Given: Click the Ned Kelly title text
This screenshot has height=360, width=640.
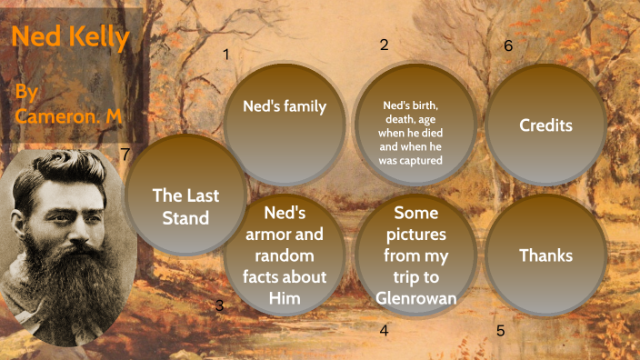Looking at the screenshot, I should click(71, 39).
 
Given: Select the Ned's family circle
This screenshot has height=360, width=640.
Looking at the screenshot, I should click(284, 122).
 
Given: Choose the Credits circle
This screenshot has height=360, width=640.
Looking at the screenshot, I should click(545, 125).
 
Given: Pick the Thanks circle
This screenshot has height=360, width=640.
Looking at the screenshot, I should click(545, 255).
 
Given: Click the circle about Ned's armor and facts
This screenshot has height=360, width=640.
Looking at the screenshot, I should click(284, 255).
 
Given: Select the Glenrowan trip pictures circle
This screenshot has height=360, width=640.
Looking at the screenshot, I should click(415, 255).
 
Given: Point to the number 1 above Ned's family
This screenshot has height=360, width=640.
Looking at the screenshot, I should click(225, 54).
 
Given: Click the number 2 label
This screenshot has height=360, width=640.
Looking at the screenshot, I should click(385, 45).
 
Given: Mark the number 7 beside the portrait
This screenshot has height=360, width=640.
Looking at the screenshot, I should click(125, 154).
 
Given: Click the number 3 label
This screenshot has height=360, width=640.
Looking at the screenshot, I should click(219, 305).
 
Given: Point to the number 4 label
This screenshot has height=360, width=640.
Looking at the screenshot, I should click(385, 330).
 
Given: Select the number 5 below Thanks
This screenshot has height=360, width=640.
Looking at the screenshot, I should click(500, 330).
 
